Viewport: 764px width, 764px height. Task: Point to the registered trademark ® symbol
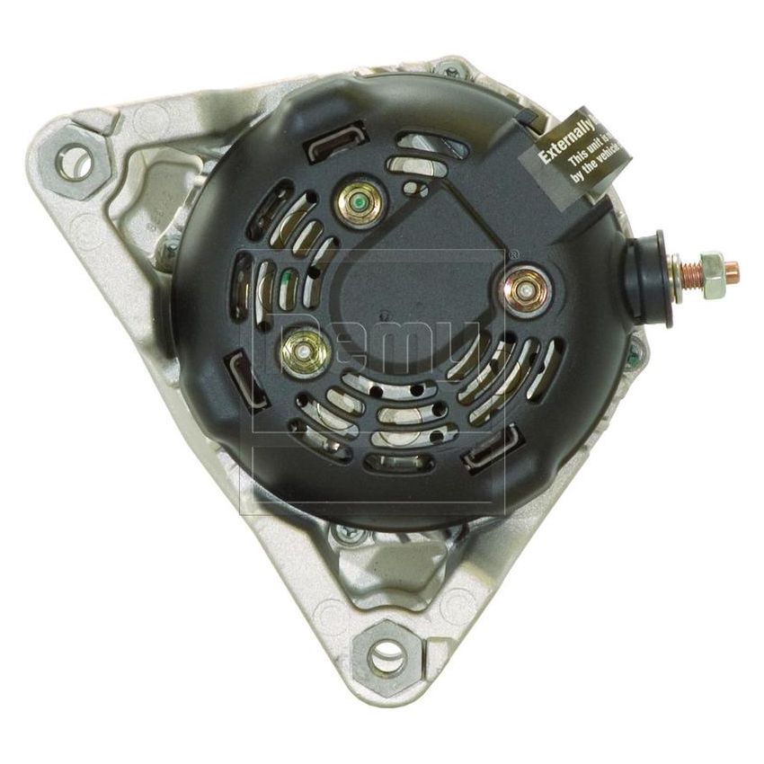[x=512, y=254]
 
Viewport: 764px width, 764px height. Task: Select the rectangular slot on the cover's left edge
[x=242, y=371]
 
